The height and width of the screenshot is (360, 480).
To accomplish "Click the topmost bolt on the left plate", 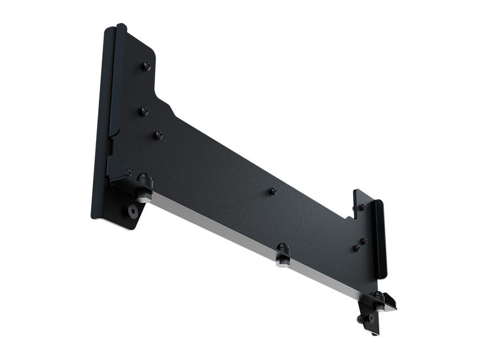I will pyautogui.click(x=146, y=66).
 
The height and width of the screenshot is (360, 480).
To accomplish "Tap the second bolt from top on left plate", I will pyautogui.click(x=144, y=111).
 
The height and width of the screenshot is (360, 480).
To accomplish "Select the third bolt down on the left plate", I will pyautogui.click(x=158, y=135).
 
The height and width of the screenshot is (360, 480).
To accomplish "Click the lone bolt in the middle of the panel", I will pyautogui.click(x=273, y=191).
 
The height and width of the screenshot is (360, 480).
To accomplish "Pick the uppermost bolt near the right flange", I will pyautogui.click(x=362, y=207).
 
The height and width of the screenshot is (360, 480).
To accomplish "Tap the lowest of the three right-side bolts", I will pyautogui.click(x=357, y=248).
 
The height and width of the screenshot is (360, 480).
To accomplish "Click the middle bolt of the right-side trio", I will pyautogui.click(x=364, y=241).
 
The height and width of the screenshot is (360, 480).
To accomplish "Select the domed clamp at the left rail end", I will pyautogui.click(x=144, y=180).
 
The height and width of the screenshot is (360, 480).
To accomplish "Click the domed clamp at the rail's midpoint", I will pyautogui.click(x=283, y=250).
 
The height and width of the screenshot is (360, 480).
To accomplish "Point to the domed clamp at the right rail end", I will pyautogui.click(x=378, y=298).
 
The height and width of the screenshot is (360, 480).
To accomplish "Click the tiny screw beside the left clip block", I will pyautogui.click(x=128, y=173).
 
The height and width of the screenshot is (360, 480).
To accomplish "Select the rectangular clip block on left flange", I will pyautogui.click(x=115, y=169).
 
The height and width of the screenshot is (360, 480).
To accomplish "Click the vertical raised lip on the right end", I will pyautogui.click(x=380, y=234).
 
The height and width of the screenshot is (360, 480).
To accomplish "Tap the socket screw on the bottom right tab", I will pyautogui.click(x=371, y=318).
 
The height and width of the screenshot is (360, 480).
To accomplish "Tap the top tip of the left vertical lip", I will pyautogui.click(x=121, y=26).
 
